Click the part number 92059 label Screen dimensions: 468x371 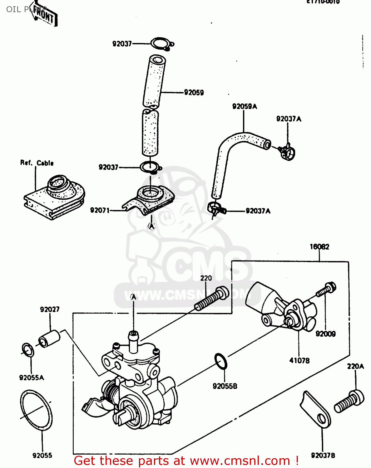[x=194, y=92]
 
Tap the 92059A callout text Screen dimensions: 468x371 [x=244, y=106]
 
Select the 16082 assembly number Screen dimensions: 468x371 [x=319, y=247]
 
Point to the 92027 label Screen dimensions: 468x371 [x=49, y=309]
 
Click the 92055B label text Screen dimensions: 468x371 [x=225, y=386]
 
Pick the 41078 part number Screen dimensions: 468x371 [x=299, y=361]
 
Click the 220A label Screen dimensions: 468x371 [x=355, y=366]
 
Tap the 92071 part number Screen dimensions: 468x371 [x=100, y=210]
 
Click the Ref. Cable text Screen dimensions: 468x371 [x=37, y=163]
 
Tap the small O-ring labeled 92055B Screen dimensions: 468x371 [x=221, y=361]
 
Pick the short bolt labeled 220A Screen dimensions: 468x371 [x=349, y=402]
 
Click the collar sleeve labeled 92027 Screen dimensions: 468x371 [x=49, y=338]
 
